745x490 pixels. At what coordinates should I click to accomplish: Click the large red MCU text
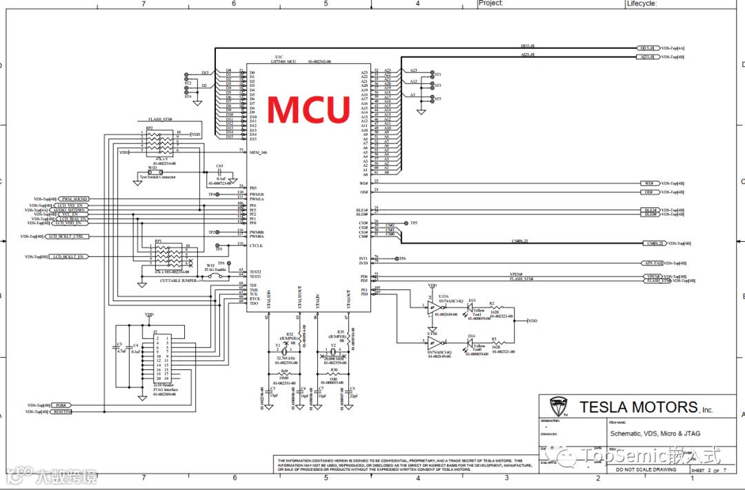[308, 109]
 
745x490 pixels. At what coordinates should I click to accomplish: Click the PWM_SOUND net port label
[74, 199]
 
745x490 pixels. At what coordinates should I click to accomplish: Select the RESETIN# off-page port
[61, 411]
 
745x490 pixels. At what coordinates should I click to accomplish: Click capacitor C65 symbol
[219, 173]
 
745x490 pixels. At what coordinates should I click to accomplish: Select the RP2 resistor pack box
[163, 143]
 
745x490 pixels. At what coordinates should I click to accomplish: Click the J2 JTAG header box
[166, 358]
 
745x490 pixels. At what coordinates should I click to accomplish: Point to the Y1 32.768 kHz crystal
[277, 354]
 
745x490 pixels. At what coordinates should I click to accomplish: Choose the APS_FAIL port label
[653, 263]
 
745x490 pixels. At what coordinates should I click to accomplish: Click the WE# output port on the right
[648, 183]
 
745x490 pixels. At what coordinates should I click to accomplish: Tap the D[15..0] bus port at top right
[648, 48]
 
